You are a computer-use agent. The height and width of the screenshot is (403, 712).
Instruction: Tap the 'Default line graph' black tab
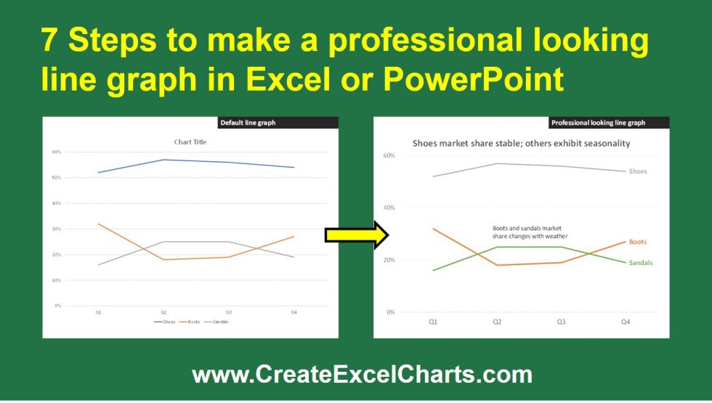[x=248, y=123]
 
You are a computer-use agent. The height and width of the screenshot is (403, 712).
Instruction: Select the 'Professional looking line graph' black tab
[x=598, y=123]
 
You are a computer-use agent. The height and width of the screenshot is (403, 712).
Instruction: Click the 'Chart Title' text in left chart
[x=190, y=142]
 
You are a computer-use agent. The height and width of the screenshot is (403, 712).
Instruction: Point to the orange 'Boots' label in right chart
[x=637, y=242]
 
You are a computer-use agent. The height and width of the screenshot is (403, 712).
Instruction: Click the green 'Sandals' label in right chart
[x=640, y=262]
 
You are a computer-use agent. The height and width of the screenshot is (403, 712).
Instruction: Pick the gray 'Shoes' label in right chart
[x=638, y=171]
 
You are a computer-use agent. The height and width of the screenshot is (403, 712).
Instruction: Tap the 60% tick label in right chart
[x=389, y=155]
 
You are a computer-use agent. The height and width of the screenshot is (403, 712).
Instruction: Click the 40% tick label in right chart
[x=389, y=208]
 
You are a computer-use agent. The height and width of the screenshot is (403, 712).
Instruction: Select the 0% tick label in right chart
[x=390, y=312]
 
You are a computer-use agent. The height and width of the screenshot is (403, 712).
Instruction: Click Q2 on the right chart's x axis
[x=497, y=322]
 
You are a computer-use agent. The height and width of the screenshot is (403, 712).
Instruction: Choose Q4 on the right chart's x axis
[x=626, y=322]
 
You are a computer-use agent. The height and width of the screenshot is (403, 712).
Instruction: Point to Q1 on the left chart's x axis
[x=99, y=313]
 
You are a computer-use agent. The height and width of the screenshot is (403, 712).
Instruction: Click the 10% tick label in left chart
[x=57, y=280]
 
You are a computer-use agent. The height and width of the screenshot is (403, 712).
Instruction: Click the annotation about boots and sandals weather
[x=530, y=232]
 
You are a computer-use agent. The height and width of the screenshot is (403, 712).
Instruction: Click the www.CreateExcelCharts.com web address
[x=361, y=375]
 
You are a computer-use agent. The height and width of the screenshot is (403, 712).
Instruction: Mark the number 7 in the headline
[x=49, y=42]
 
